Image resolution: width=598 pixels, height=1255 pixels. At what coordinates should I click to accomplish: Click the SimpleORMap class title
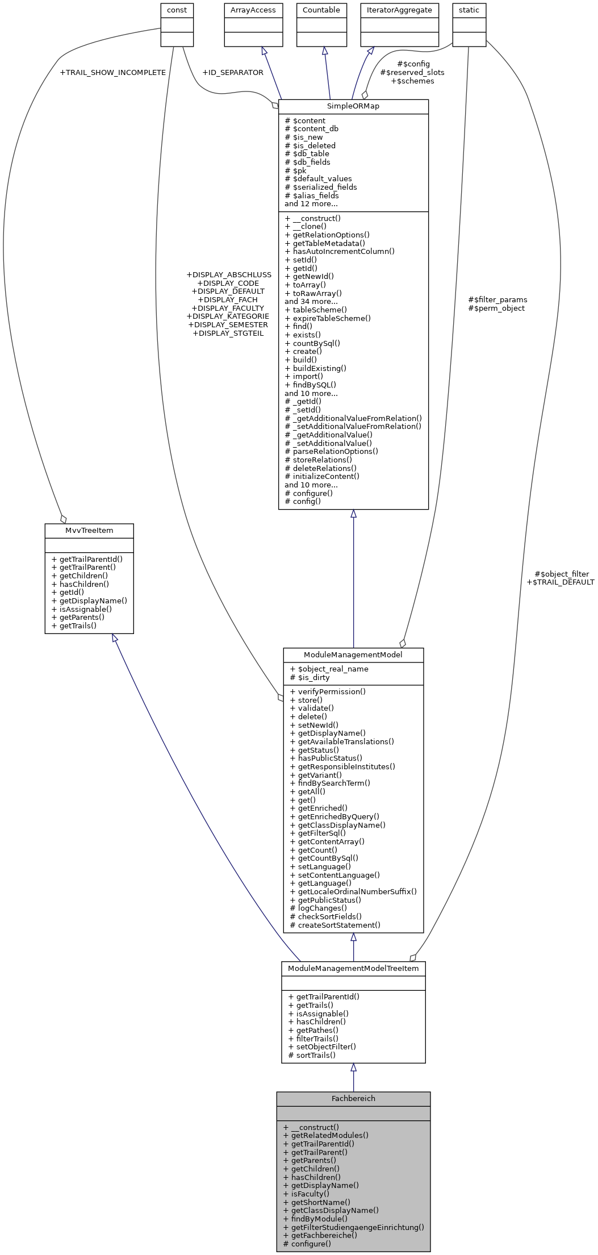click(353, 106)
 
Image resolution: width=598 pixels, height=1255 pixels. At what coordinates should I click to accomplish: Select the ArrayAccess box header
click(253, 10)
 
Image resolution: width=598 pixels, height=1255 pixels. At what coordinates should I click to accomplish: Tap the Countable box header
click(321, 10)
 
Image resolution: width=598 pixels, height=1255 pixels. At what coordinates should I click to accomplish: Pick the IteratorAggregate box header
click(399, 10)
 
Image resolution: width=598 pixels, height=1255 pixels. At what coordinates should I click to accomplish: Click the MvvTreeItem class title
click(89, 531)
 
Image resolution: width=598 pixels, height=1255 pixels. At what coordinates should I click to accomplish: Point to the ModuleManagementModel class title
click(353, 655)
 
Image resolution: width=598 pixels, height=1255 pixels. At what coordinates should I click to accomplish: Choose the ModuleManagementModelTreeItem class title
click(353, 969)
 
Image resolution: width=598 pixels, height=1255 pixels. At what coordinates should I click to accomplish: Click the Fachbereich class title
click(353, 1099)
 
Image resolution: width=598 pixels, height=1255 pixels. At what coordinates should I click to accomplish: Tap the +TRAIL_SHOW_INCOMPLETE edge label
click(112, 73)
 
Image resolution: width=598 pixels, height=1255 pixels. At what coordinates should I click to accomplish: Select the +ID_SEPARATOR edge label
click(233, 73)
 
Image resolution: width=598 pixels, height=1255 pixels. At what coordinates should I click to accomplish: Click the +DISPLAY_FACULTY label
click(228, 308)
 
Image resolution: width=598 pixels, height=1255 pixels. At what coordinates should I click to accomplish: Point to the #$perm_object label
click(496, 308)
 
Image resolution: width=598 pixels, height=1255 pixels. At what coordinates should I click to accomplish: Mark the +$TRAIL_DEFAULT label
click(561, 582)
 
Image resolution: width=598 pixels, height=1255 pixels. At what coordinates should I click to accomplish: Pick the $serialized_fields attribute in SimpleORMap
click(321, 187)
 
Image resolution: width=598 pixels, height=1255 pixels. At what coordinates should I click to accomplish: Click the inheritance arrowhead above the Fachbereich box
click(353, 1068)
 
